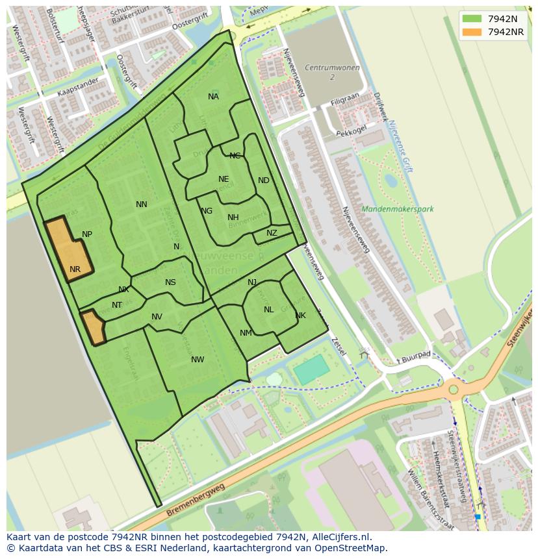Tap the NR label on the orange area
click(75, 269)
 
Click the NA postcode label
click(213, 97)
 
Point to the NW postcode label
click(198, 360)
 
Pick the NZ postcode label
click(272, 233)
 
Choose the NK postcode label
click(300, 316)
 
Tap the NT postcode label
click(117, 305)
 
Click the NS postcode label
click(170, 282)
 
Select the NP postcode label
click(87, 234)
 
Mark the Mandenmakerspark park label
click(397, 209)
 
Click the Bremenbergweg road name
click(195, 501)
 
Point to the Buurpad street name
click(416, 355)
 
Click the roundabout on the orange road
click(454, 390)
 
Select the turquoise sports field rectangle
click(311, 371)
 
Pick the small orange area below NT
click(94, 327)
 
